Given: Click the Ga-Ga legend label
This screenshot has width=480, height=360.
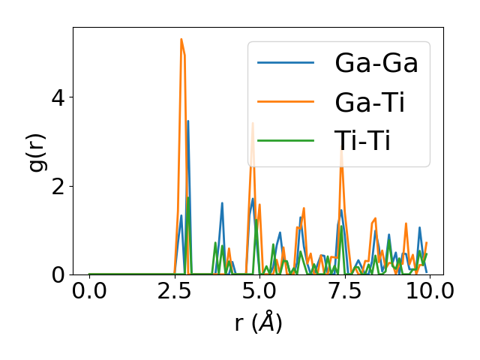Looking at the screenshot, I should pyautogui.click(x=376, y=63).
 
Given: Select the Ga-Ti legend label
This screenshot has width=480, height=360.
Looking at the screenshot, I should pyautogui.click(x=370, y=102).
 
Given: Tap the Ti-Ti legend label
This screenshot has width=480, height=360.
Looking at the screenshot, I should pyautogui.click(x=363, y=140).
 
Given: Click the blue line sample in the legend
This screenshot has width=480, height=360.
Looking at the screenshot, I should pyautogui.click(x=285, y=63).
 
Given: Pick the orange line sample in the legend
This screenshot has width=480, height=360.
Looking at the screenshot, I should pyautogui.click(x=285, y=102).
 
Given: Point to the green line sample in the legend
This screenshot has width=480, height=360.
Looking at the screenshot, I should pyautogui.click(x=285, y=140).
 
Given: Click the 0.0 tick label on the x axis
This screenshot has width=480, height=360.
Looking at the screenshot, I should pyautogui.click(x=89, y=290).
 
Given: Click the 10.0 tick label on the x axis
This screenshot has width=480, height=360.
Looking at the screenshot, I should pyautogui.click(x=425, y=290).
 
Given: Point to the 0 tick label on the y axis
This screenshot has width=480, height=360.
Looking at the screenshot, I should pyautogui.click(x=58, y=275).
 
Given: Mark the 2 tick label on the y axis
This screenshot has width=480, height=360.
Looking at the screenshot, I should pyautogui.click(x=58, y=186).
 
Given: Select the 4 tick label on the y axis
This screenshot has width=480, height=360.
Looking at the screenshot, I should pyautogui.click(x=58, y=97).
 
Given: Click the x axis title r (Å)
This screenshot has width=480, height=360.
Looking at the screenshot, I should pyautogui.click(x=258, y=322).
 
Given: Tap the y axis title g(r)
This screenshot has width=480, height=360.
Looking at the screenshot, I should pyautogui.click(x=37, y=151).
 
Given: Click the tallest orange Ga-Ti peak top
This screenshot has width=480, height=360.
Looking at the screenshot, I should pyautogui.click(x=181, y=39).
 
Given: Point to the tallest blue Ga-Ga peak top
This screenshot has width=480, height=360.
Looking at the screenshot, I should pyautogui.click(x=187, y=121).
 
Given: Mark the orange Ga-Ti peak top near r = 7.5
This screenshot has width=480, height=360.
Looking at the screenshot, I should pyautogui.click(x=341, y=150).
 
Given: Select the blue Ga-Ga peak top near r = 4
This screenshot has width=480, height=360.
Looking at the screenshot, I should pyautogui.click(x=222, y=202).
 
